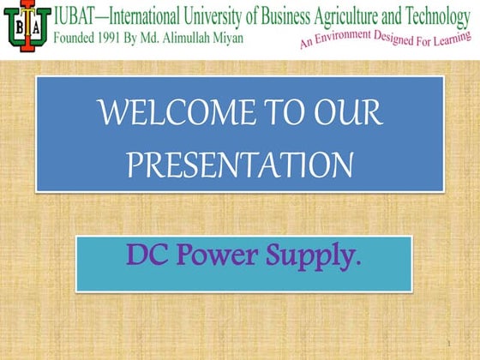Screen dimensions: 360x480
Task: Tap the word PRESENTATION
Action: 239,163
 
